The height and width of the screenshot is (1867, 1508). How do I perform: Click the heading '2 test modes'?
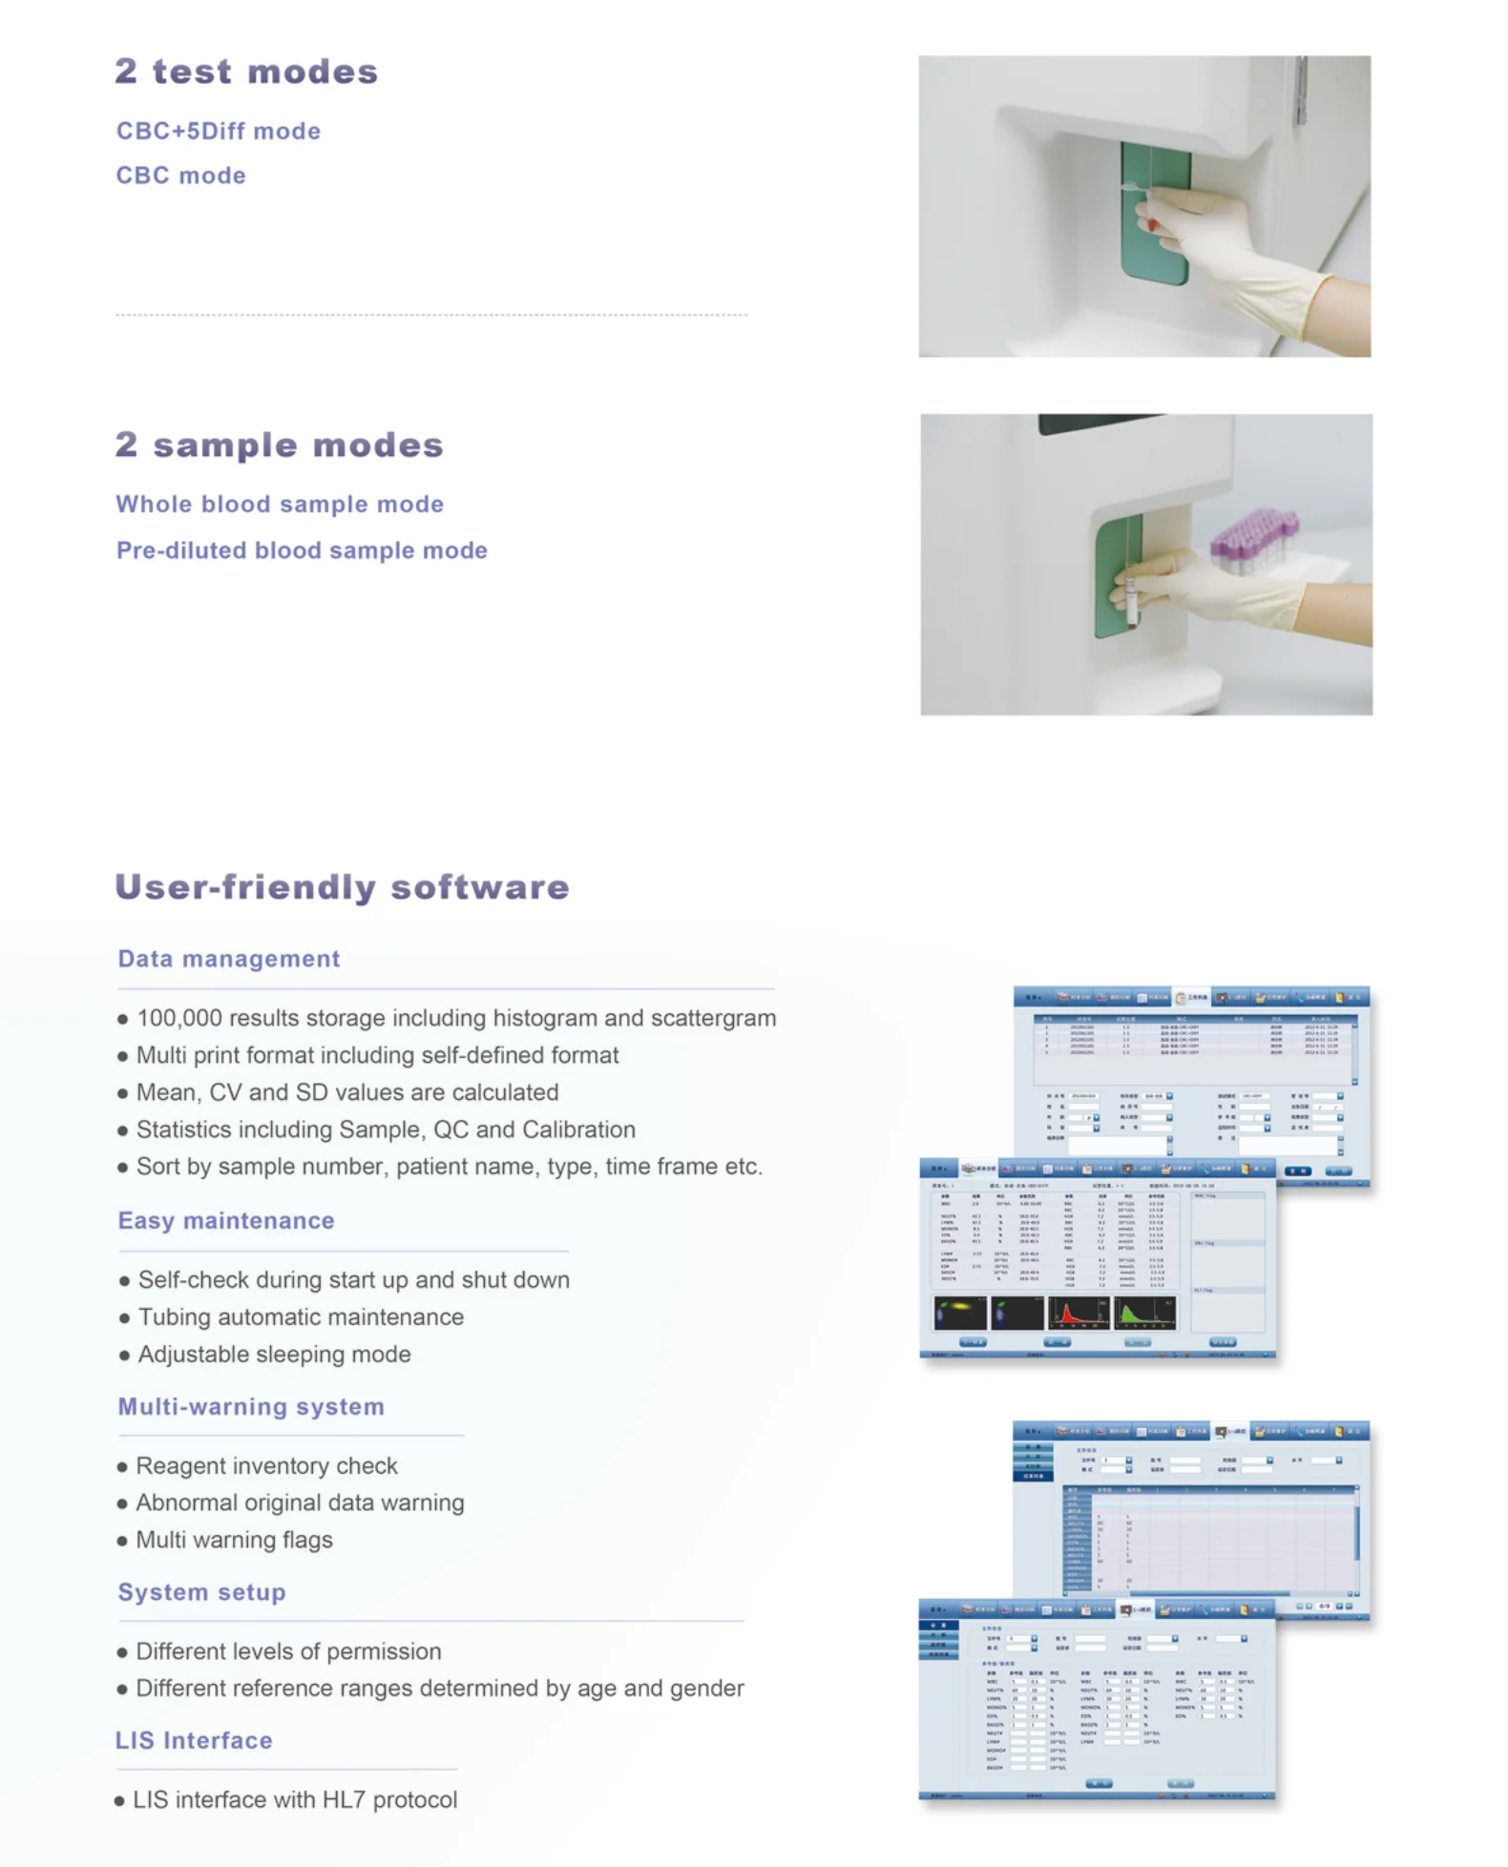246,72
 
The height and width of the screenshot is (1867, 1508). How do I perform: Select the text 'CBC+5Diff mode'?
219,131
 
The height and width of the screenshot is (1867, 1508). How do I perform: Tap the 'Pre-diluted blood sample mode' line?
302,550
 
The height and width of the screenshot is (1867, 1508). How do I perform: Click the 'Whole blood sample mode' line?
280,504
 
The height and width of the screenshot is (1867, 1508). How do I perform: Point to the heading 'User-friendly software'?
342,886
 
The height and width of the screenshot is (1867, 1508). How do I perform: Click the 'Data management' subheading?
228,959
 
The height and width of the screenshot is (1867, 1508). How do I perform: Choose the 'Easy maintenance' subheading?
226,1220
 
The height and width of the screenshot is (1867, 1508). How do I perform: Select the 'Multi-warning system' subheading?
251,1406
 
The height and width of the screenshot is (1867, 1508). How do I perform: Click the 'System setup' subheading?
201,1591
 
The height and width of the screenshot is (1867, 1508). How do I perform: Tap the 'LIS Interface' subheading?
194,1740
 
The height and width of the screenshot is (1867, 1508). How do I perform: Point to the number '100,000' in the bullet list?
179,1018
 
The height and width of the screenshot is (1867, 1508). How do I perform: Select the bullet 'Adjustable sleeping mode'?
274,1354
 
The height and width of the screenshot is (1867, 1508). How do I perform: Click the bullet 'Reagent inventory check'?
266,1465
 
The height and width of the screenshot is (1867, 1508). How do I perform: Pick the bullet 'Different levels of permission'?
288,1650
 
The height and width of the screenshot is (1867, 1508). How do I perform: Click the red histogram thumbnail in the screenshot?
1079,1314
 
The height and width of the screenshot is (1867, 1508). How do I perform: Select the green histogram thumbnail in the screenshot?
1144,1314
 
